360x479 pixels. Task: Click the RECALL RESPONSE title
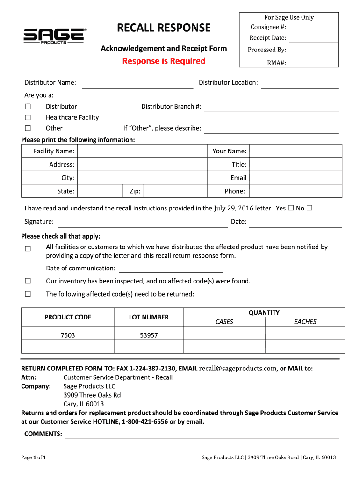pos(164,28)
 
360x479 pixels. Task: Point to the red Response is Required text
pos(164,61)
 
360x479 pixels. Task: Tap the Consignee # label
pos(268,27)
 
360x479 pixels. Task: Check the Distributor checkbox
pos(28,107)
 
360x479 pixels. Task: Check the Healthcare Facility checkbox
pos(28,117)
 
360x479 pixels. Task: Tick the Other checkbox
pos(28,128)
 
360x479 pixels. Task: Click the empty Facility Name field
pos(141,151)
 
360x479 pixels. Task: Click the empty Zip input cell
pos(174,191)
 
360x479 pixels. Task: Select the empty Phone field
pos(295,191)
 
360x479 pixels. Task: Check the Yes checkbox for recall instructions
pos(291,208)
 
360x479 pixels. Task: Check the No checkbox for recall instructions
pos(310,208)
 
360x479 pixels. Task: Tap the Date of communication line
pos(171,269)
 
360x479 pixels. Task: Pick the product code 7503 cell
pos(68,335)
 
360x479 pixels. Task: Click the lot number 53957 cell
pos(149,335)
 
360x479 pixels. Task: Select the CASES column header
pos(224,322)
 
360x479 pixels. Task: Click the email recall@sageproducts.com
pos(238,369)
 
